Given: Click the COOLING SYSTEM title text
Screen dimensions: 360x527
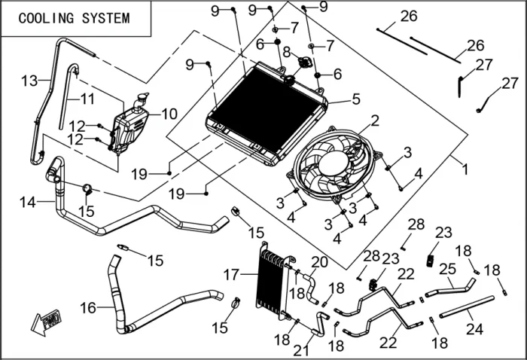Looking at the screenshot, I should coord(74,18).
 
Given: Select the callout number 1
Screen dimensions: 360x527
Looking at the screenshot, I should coord(465,170).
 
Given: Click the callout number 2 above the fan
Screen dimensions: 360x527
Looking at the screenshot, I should coord(374,120).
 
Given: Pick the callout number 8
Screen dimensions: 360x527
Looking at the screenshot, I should coord(286,51).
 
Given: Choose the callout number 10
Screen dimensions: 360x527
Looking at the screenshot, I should coord(169,114).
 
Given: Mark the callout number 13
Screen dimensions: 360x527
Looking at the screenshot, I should coord(29,81).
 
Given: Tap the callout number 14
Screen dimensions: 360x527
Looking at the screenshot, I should coord(27,202).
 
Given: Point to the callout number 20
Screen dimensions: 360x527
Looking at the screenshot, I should coord(319,261).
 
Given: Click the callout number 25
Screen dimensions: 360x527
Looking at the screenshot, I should coord(446,269).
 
